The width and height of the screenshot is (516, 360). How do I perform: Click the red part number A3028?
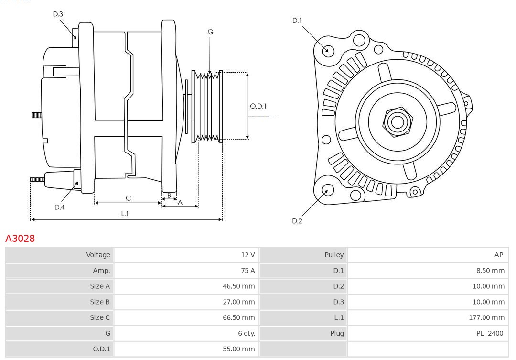point(20,238)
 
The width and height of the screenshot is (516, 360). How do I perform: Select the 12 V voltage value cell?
point(247,255)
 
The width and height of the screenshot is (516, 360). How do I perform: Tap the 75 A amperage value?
point(247,271)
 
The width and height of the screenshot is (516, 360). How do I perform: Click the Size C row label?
point(100,317)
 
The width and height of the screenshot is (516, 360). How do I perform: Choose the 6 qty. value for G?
point(244,333)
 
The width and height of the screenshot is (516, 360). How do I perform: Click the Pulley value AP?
point(498,255)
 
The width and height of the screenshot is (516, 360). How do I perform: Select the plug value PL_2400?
point(490,333)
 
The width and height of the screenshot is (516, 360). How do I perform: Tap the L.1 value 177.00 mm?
point(486,317)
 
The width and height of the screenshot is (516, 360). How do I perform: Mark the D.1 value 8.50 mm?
point(490,271)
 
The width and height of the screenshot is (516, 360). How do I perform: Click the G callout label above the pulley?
point(210,32)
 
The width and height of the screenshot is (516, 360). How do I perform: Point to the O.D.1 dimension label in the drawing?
point(258,106)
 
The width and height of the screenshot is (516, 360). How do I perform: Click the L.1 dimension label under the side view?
point(124,214)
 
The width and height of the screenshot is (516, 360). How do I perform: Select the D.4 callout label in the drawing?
point(59,207)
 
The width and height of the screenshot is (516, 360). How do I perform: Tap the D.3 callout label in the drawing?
point(58,14)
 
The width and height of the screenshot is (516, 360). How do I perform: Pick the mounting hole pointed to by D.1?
point(328,50)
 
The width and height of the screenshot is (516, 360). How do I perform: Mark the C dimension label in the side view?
point(128,198)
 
